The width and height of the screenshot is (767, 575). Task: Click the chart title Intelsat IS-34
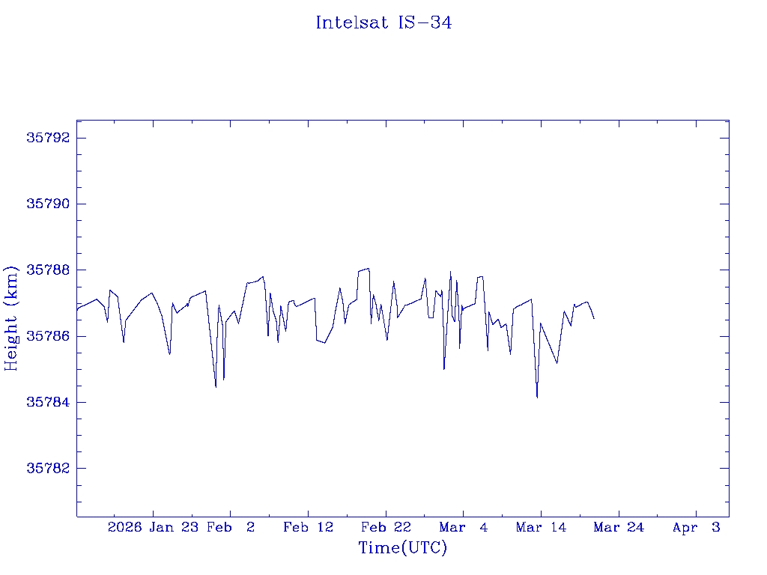(x=383, y=23)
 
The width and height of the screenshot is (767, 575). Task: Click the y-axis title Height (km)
(x=11, y=317)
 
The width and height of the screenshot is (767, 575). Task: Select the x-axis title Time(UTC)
(x=403, y=548)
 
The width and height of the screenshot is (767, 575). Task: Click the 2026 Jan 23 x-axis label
(x=153, y=528)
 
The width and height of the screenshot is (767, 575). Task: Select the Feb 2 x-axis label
(x=231, y=528)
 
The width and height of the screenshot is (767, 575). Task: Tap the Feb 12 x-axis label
(x=308, y=528)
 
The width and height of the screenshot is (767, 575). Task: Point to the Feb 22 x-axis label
(x=386, y=528)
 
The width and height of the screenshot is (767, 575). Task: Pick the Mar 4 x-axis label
(x=464, y=528)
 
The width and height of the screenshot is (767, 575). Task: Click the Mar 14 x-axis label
(x=541, y=528)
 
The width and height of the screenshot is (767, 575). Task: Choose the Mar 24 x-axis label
(x=619, y=528)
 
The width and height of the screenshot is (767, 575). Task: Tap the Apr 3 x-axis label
(x=697, y=528)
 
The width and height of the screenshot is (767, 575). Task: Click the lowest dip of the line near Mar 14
(x=537, y=398)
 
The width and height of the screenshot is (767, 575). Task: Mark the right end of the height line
(x=594, y=319)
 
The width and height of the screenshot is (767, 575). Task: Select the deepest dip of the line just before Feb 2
(x=216, y=387)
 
